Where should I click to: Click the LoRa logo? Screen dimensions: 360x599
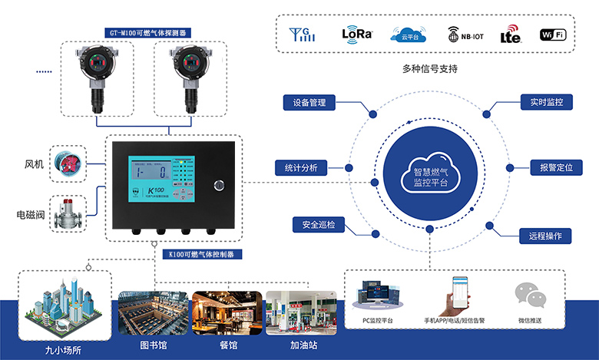pos(357,34)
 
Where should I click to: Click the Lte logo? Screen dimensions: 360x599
pos(510,35)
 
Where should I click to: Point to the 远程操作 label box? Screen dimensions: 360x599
pos(544,236)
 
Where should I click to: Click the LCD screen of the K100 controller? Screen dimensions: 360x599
pos(149,181)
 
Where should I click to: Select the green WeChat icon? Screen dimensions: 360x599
pos(529,296)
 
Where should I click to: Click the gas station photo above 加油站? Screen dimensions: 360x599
pos(301,312)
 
